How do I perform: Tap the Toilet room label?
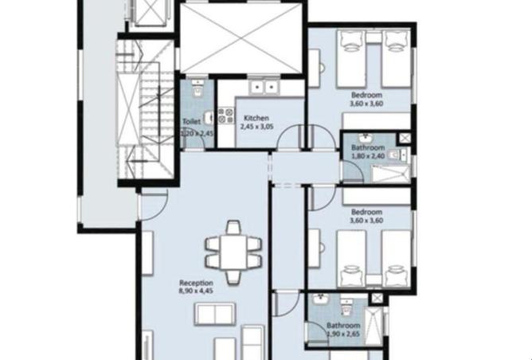[x=190, y=122]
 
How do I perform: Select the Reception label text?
[x=196, y=283]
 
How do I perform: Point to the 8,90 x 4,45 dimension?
[x=196, y=292]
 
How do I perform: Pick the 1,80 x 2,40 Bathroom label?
[x=368, y=148]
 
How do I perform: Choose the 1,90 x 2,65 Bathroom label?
[x=343, y=326]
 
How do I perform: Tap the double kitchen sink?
[x=263, y=85]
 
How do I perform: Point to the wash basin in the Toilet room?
[x=208, y=119]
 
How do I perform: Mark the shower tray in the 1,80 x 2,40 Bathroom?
[x=391, y=174]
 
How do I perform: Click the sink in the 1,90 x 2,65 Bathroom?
[x=319, y=300]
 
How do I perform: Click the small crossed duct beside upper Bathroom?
[x=403, y=138]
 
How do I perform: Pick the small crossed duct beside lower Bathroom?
[x=377, y=299]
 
